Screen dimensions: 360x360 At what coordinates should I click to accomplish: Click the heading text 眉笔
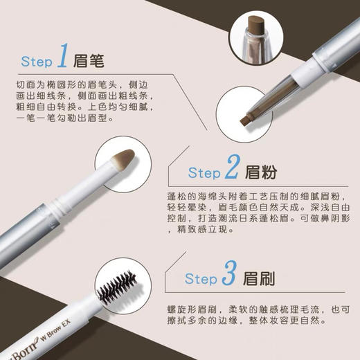89,61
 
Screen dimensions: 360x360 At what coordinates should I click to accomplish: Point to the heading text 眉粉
261,171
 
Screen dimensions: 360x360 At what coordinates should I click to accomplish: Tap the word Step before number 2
204,172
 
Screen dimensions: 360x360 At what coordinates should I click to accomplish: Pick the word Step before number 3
201,279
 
